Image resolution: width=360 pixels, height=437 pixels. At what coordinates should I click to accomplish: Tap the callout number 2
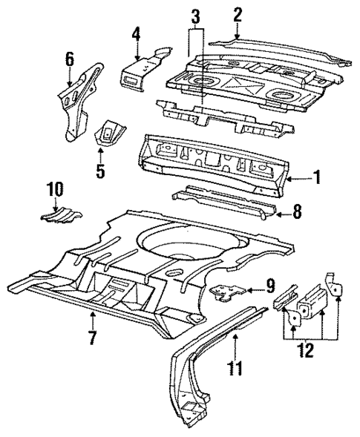click(x=238, y=14)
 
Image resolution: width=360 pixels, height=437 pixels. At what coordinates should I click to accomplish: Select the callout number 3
click(x=195, y=16)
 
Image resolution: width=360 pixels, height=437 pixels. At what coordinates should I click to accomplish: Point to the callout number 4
click(x=137, y=34)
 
